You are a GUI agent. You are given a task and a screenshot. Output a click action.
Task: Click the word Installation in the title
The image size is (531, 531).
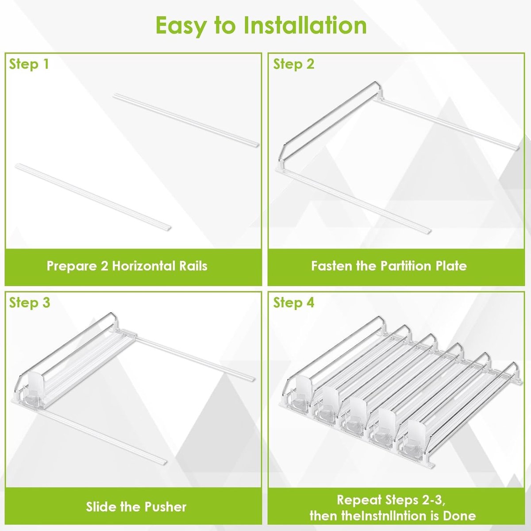(x=305, y=25)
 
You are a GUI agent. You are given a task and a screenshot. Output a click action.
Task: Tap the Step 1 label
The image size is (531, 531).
(x=29, y=65)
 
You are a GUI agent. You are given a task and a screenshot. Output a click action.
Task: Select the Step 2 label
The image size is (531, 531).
(x=293, y=65)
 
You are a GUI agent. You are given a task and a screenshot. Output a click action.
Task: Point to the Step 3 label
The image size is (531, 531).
(x=30, y=303)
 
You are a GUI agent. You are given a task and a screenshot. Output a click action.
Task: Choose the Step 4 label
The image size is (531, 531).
(x=294, y=303)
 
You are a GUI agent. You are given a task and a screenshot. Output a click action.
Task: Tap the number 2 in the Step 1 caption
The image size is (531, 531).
(x=104, y=266)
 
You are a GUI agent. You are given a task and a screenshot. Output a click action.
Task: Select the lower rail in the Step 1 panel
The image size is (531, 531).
(x=93, y=196)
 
